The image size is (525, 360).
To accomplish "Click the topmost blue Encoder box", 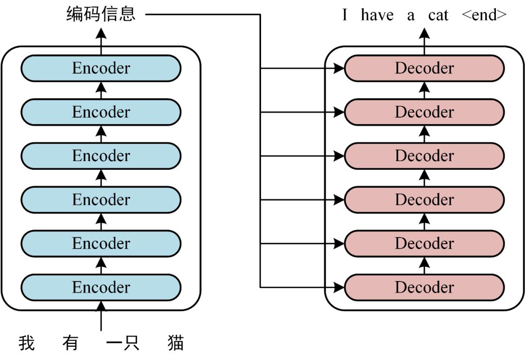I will (101, 68).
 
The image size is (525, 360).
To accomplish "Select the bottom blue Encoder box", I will (101, 287).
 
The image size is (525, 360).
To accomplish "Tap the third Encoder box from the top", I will (101, 156).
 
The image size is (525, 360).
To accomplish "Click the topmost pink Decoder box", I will (424, 68).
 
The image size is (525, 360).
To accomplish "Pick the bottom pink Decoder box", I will (424, 287).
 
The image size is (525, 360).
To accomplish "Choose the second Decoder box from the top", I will (424, 112).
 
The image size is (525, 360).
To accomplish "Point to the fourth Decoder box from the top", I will (424, 199).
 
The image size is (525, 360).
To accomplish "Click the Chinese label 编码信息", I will (101, 15).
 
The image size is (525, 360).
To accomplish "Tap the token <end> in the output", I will (484, 15).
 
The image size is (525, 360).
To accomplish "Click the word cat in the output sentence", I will (438, 15).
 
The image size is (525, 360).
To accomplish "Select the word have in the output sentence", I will (377, 15).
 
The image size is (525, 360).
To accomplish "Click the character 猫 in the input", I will (175, 343).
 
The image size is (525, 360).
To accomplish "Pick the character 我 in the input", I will (27, 343).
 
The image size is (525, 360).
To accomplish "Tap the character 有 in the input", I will (70, 343).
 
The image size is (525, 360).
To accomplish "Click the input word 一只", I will (122, 343).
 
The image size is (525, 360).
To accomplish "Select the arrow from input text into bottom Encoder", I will (101, 316).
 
